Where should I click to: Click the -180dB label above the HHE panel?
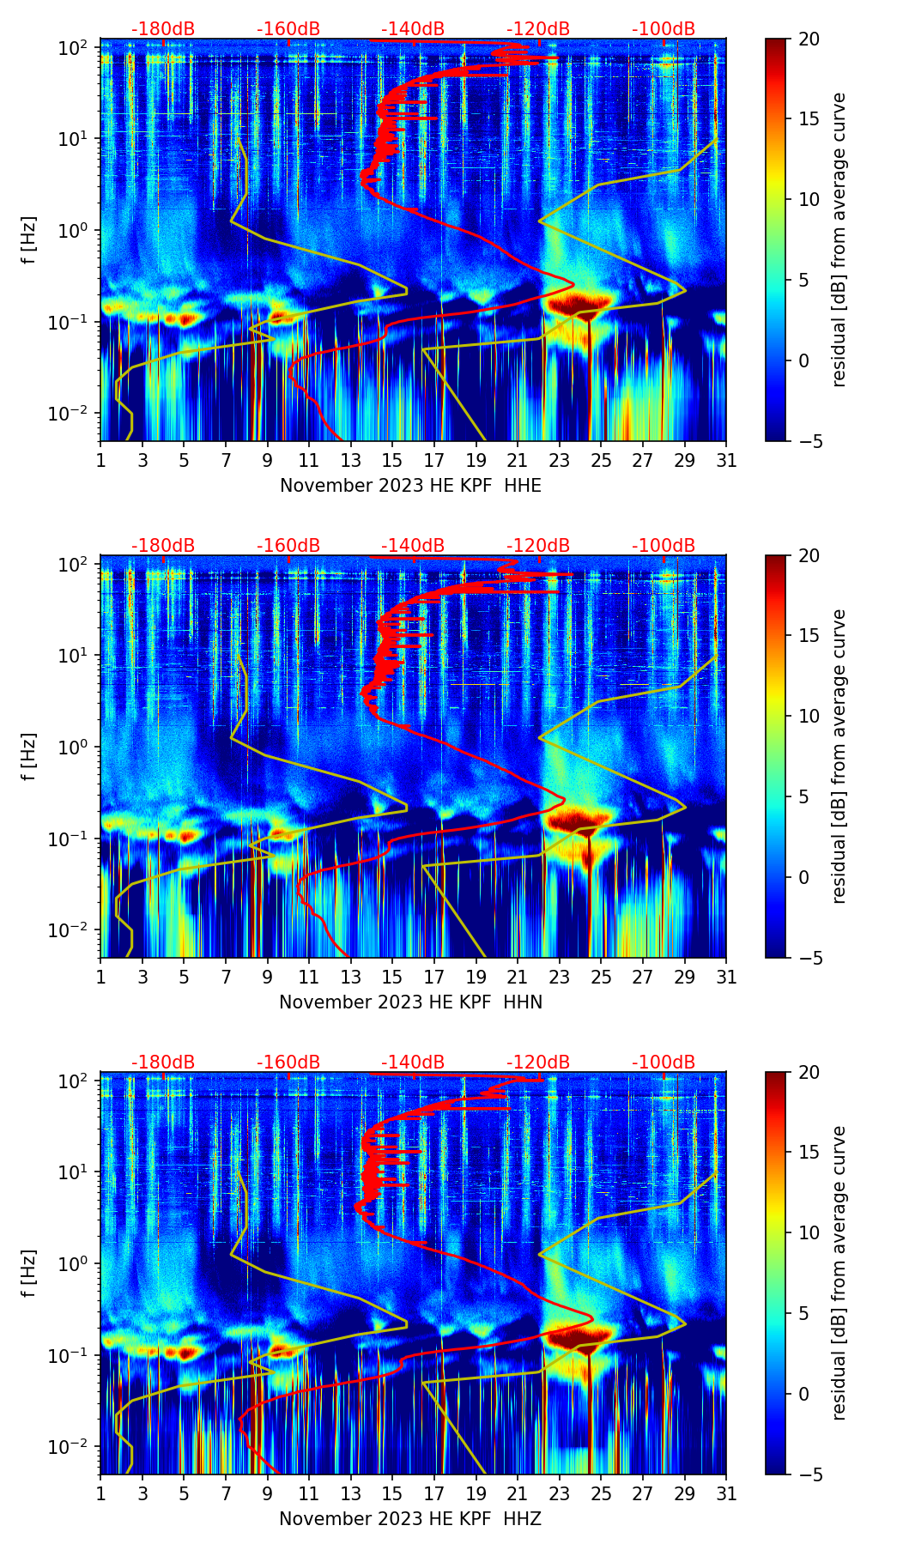coord(163,29)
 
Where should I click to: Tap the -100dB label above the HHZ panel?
coord(664,1063)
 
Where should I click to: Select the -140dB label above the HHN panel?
coord(413,546)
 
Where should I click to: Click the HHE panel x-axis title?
coord(410,486)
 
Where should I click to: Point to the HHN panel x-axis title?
coord(410,1002)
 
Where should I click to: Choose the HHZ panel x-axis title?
coord(410,1519)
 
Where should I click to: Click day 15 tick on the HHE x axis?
coord(392,460)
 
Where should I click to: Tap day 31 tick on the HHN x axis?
coord(726,977)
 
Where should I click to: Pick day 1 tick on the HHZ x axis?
coord(100,1493)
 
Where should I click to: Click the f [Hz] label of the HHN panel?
coord(29,756)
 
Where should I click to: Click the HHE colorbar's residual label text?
coord(839,239)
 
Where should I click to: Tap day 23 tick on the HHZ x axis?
coord(560,1493)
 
